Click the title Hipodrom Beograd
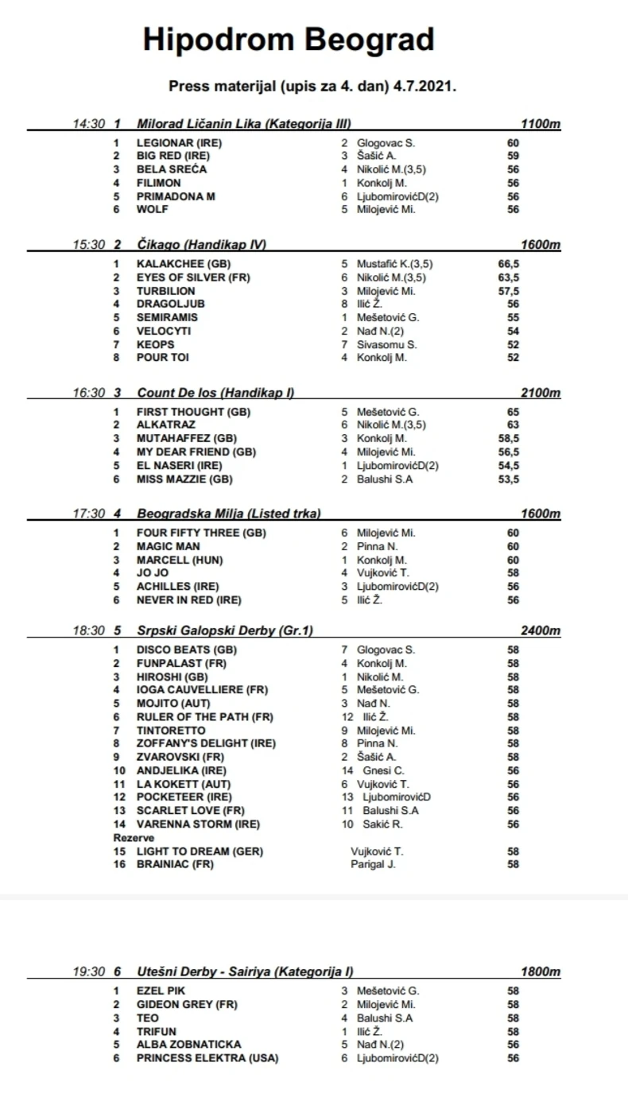(289, 39)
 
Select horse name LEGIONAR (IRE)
(179, 143)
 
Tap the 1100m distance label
(541, 124)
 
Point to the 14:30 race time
(88, 124)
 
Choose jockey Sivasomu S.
(387, 344)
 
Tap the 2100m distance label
(541, 393)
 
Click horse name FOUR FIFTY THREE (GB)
(201, 533)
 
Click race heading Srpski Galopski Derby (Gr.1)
(225, 630)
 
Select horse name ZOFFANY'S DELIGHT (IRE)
(206, 744)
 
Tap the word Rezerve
(134, 838)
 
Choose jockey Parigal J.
(373, 864)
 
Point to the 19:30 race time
(88, 971)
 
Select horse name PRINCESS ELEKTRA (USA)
(207, 1058)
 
